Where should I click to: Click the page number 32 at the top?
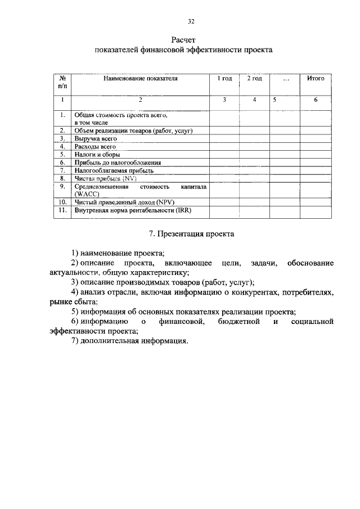pos(191,22)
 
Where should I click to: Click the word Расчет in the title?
pos(183,40)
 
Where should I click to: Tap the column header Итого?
pos(316,79)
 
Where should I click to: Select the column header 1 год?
pos(224,79)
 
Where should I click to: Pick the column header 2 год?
pos(254,79)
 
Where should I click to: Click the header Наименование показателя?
pos(141,79)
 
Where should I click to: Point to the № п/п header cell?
pos(63,83)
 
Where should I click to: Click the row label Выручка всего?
pos(96,138)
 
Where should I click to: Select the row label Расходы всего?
pos(95,146)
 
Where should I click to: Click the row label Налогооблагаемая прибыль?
pos(114,169)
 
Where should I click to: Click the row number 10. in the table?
pos(63,201)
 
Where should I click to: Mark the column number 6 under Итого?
pos(316,100)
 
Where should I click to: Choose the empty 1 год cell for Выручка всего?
pos(224,138)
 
